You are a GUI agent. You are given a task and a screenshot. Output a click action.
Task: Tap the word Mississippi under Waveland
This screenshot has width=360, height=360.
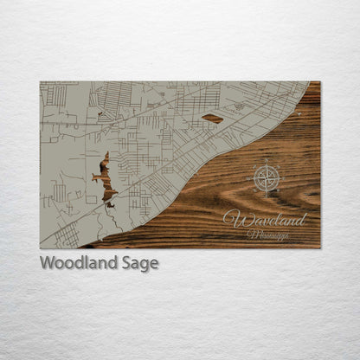coord(267,235)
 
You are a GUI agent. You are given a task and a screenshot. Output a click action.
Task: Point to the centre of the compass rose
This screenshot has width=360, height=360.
coord(267,178)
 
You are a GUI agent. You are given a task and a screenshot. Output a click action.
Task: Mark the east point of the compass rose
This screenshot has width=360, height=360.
coord(282,178)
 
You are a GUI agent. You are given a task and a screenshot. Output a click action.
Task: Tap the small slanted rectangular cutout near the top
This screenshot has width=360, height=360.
coord(212,119)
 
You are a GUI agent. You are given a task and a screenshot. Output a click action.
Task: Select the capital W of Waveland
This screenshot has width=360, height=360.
coord(232,219)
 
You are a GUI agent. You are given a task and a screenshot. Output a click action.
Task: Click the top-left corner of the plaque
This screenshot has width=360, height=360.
coord(41,82)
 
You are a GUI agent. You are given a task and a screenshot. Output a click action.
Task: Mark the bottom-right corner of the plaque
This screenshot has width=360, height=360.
coord(319,247)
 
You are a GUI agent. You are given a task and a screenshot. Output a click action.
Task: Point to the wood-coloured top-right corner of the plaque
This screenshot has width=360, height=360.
coord(317,84)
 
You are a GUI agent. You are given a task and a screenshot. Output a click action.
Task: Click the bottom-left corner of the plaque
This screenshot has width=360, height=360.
coord(41,247)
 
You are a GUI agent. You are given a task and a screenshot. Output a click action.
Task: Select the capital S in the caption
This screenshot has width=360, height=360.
coord(123,263)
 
